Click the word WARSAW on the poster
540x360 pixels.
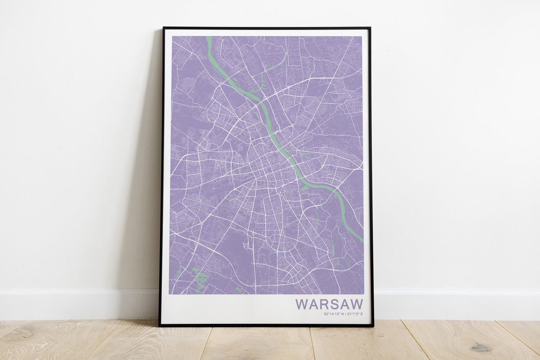pyautogui.click(x=329, y=304)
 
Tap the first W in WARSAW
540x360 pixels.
pyautogui.click(x=301, y=304)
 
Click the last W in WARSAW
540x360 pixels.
pyautogui.click(x=357, y=304)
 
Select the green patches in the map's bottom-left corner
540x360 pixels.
pyautogui.click(x=200, y=278)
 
